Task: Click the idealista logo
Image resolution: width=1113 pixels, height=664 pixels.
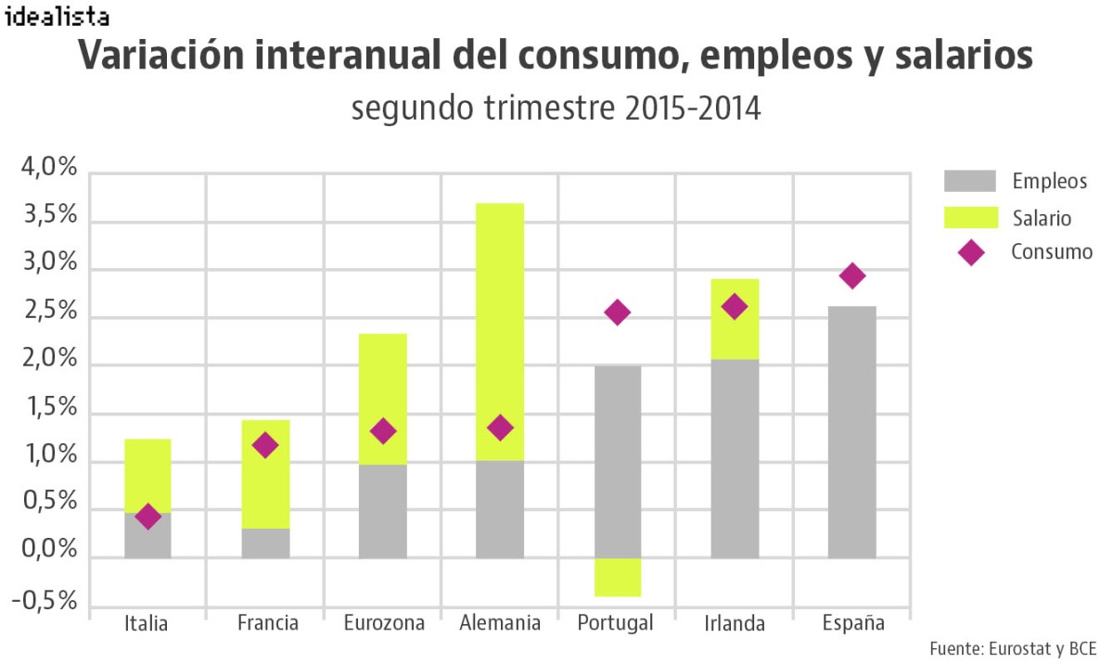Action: (x=57, y=16)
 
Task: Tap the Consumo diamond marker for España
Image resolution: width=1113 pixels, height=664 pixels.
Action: (x=852, y=275)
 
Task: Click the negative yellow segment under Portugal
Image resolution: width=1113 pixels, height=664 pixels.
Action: (x=617, y=577)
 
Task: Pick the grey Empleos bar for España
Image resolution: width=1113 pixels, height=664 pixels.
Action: (x=852, y=432)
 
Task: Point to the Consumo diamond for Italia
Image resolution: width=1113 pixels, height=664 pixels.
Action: (x=147, y=517)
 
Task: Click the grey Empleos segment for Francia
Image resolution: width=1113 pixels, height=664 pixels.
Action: (x=265, y=543)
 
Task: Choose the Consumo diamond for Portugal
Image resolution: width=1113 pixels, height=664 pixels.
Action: (x=617, y=313)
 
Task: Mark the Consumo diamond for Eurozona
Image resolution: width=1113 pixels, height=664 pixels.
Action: (x=382, y=431)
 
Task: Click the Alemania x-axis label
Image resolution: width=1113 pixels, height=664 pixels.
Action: (x=500, y=622)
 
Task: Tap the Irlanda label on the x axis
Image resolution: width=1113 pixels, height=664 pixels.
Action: (x=735, y=622)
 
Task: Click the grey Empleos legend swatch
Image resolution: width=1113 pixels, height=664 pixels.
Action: (x=970, y=181)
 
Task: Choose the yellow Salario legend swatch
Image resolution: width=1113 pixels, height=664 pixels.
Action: (x=970, y=218)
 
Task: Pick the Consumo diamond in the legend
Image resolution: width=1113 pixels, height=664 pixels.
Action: (x=971, y=252)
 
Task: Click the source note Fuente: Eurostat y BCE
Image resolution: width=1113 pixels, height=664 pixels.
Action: (x=1012, y=647)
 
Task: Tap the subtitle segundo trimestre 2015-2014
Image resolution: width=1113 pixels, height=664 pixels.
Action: (x=556, y=109)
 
